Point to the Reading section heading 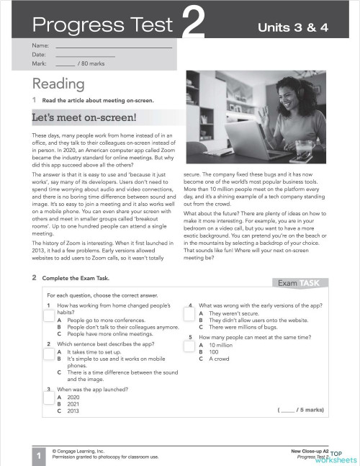pos(58,85)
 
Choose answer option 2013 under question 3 pos(73,411)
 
